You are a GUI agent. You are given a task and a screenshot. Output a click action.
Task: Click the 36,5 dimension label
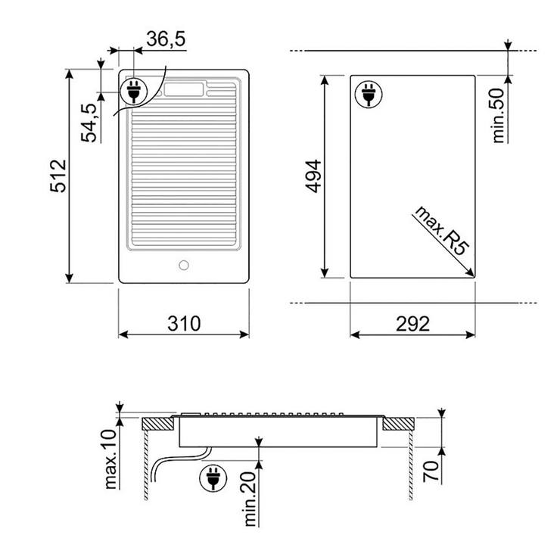pyautogui.click(x=166, y=39)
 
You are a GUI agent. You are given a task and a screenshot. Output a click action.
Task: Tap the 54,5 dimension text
pyautogui.click(x=89, y=123)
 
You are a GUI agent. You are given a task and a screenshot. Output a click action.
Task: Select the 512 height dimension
pyautogui.click(x=58, y=176)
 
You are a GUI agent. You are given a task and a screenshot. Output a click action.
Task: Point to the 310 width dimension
pyautogui.click(x=184, y=324)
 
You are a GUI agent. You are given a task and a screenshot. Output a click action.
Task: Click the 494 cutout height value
pyautogui.click(x=314, y=176)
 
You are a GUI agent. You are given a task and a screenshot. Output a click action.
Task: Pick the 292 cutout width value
pyautogui.click(x=412, y=324)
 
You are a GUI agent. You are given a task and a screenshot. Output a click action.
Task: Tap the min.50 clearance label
pyautogui.click(x=499, y=116)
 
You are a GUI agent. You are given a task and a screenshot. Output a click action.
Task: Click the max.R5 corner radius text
pyautogui.click(x=440, y=231)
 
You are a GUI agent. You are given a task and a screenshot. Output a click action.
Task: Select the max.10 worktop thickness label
pyautogui.click(x=111, y=459)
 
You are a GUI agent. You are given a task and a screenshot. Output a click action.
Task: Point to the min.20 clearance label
pyautogui.click(x=250, y=499)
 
